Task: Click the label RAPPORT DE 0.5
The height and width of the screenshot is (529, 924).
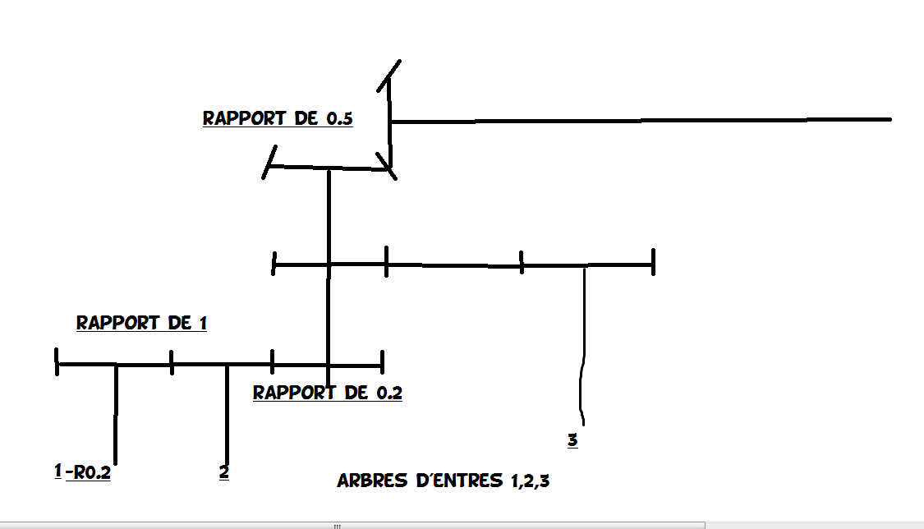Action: pyautogui.click(x=278, y=118)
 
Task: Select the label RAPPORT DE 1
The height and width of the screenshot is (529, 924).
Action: pyautogui.click(x=141, y=323)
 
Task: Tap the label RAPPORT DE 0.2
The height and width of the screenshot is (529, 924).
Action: pyautogui.click(x=328, y=393)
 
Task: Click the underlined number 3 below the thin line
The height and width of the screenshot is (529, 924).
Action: pyautogui.click(x=572, y=440)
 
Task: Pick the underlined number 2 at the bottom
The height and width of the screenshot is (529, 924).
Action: pyautogui.click(x=223, y=472)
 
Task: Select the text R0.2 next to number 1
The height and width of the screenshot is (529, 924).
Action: pyautogui.click(x=91, y=472)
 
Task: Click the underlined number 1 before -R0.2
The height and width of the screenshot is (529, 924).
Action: pyautogui.click(x=57, y=471)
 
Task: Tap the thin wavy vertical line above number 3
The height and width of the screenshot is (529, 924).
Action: pyautogui.click(x=583, y=345)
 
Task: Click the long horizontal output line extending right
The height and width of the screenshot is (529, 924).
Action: pyautogui.click(x=641, y=121)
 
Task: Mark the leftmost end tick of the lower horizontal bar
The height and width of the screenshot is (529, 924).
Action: pyautogui.click(x=57, y=362)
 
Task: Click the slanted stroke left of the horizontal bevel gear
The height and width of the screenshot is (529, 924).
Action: pyautogui.click(x=269, y=162)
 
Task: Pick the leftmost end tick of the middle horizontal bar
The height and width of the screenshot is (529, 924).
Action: pyautogui.click(x=274, y=264)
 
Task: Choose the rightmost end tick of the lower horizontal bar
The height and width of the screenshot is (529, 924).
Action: pyautogui.click(x=382, y=362)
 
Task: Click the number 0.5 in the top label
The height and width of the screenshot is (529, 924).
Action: pyautogui.click(x=339, y=118)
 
